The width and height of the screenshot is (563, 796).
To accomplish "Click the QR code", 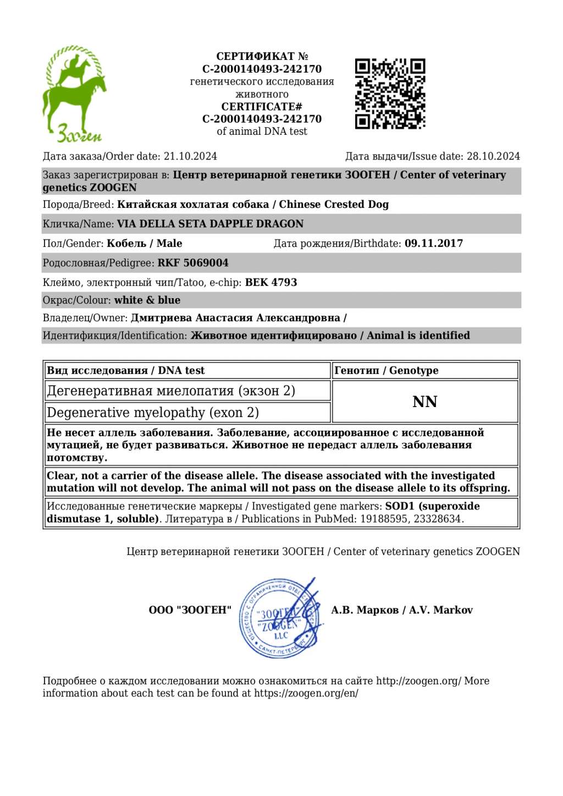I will point(390,94).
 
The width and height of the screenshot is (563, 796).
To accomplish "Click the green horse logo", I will point(74,94).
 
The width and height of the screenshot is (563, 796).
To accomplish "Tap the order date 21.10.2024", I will point(190,156).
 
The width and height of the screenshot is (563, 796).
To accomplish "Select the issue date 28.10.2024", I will point(493,156).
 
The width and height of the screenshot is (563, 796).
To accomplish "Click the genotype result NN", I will point(424,402).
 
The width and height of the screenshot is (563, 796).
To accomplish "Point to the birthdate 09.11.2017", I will point(434,243).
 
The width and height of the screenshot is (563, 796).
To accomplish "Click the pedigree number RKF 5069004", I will point(193,263).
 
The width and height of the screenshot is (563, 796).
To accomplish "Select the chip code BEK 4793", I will point(271,282).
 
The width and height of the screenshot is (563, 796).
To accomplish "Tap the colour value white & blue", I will point(147,300).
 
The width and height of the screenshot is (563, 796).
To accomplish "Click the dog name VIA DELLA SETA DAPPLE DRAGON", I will point(210,224).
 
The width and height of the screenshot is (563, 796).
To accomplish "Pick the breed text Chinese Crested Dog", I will point(334,204).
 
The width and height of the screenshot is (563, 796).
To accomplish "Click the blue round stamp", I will point(280,618).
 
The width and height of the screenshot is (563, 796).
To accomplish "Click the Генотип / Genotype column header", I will point(386,370).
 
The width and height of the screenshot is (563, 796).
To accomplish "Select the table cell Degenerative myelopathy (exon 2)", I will point(153,413).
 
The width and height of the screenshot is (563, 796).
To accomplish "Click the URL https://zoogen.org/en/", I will point(306,693).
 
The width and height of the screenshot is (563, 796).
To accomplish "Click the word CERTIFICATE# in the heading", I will point(262,106).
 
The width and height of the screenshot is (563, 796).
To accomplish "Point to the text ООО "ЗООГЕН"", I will point(190,610).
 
